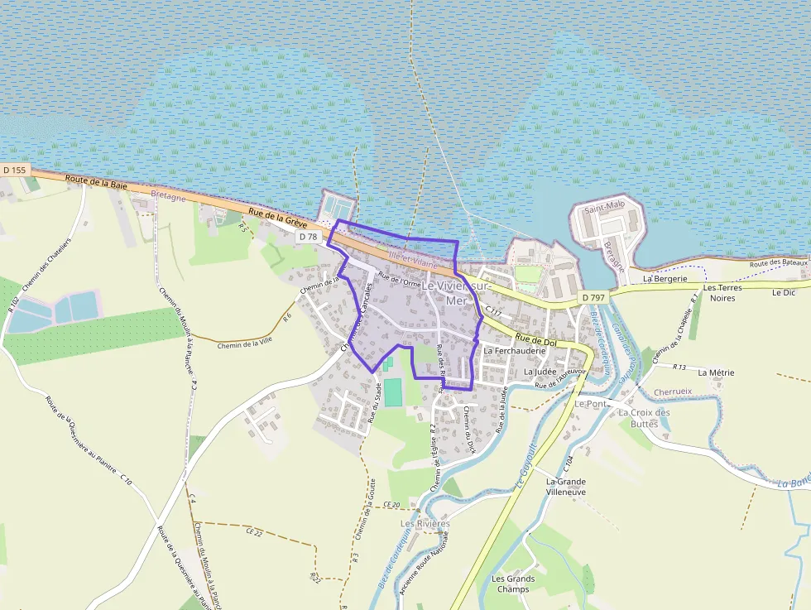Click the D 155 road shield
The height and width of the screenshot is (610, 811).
(15, 170)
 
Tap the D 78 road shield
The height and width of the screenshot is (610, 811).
(308, 237)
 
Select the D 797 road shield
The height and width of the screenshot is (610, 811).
(593, 297)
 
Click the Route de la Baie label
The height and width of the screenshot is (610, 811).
(90, 182)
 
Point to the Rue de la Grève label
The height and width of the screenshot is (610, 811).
(278, 219)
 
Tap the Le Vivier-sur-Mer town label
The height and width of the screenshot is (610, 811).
(456, 292)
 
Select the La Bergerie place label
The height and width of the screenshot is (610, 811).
(665, 279)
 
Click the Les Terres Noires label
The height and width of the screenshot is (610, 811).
(722, 292)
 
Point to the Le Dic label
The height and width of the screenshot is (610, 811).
(782, 292)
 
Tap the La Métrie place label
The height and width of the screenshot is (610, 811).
(716, 373)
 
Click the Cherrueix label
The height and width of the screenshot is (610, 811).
(673, 391)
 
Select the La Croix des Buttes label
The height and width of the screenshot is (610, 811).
(645, 418)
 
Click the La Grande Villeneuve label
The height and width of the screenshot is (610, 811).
(566, 486)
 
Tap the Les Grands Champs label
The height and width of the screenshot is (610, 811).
(513, 584)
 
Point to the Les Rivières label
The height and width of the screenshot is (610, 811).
(425, 524)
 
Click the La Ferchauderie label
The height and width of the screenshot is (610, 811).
(514, 351)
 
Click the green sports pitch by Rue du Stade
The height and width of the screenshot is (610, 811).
(392, 392)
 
